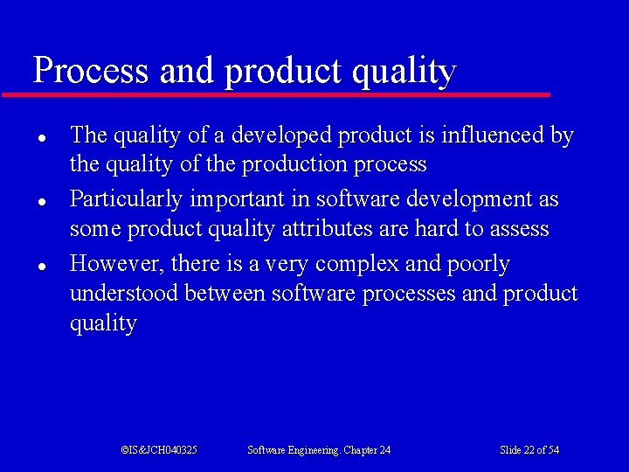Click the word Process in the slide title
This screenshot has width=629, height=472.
click(91, 70)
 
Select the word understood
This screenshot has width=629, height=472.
click(124, 293)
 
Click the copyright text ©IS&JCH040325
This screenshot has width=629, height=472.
click(159, 450)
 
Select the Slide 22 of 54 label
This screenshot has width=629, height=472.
click(529, 450)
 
